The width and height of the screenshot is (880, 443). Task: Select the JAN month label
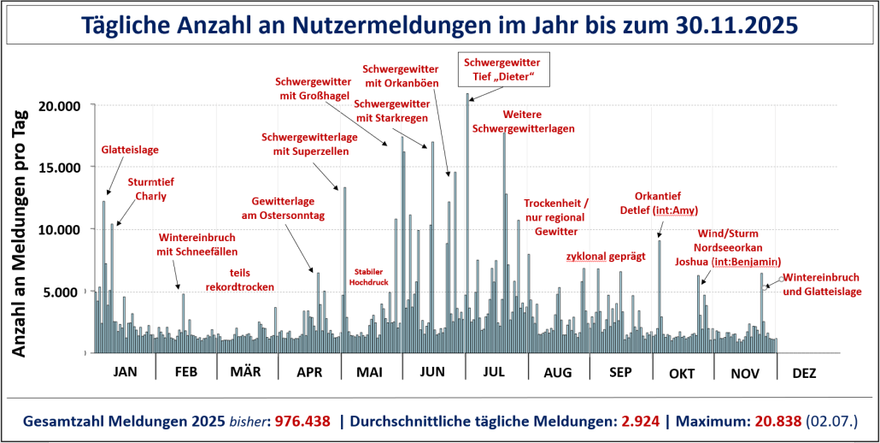click(x=125, y=373)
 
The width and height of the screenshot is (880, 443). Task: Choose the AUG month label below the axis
click(x=557, y=373)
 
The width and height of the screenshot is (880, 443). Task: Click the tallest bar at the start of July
click(x=467, y=222)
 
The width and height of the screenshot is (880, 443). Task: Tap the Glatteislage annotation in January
click(x=130, y=150)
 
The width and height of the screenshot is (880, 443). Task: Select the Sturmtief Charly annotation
click(x=147, y=189)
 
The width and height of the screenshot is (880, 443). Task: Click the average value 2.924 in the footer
click(x=639, y=422)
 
